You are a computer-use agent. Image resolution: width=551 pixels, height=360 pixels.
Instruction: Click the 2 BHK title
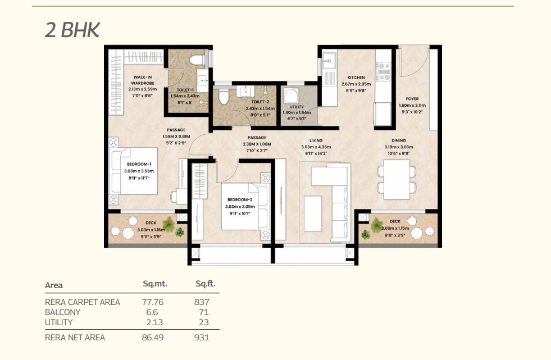pos(72,30)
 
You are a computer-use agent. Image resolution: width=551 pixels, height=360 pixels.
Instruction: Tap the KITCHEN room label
pos(356,78)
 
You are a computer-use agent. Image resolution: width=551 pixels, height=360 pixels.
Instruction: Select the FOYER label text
pos(412,99)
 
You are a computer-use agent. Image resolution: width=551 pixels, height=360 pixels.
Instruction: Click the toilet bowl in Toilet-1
pos(197,60)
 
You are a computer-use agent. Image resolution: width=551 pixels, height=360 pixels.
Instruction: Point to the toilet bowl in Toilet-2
pos(224,97)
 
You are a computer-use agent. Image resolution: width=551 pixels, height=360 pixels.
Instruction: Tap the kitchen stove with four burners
pos(383,71)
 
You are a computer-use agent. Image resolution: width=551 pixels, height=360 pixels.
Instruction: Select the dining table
pos(397,180)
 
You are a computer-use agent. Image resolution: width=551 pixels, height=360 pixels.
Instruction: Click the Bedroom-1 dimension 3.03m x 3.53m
pos(139,171)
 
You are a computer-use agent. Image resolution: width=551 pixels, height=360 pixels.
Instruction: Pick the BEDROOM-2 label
pos(240,200)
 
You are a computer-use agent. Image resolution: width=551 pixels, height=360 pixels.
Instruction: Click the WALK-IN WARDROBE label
pos(142,80)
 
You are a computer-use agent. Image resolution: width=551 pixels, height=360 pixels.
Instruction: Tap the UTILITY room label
pos(297,107)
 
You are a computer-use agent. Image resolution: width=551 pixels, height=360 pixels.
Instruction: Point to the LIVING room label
pos(316,140)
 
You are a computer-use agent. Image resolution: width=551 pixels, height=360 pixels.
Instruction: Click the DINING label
pos(398,140)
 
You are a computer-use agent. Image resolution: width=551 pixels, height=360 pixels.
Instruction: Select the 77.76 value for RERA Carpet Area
pos(153,302)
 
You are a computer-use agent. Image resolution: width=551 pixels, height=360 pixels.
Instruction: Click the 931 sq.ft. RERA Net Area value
pos(202,338)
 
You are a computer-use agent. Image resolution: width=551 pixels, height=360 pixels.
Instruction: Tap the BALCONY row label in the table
pos(62,312)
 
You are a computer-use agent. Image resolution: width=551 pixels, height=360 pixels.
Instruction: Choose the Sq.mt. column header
pos(155,284)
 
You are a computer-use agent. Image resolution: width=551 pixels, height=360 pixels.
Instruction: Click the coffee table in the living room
pos(313,213)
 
